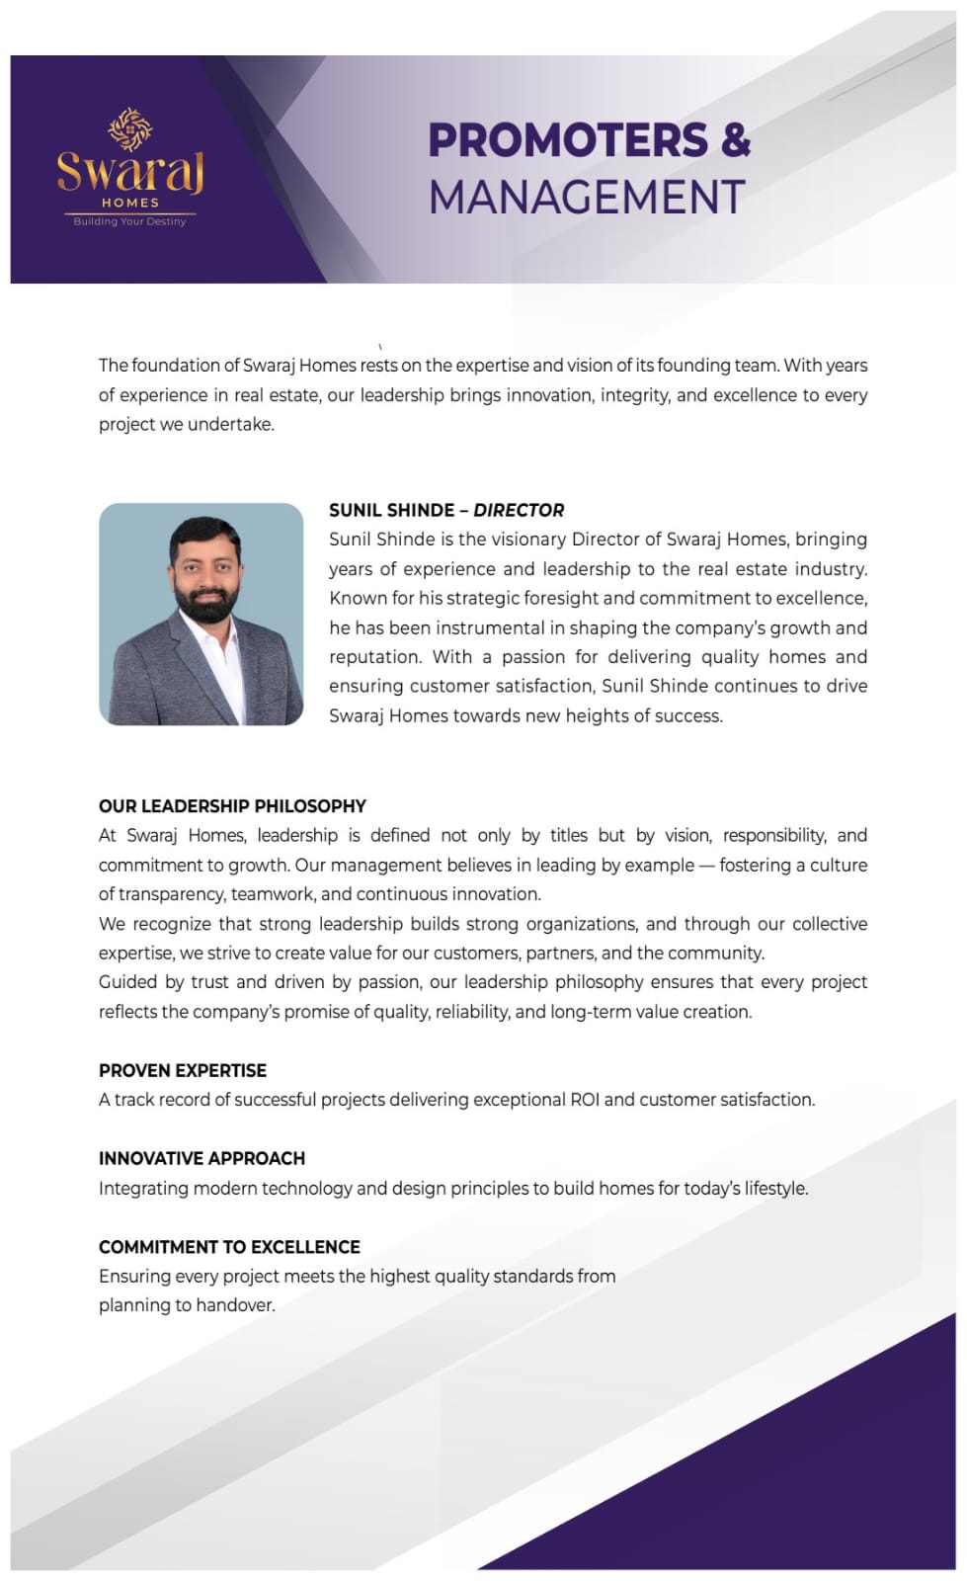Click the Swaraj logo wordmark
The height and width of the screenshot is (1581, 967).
click(x=129, y=173)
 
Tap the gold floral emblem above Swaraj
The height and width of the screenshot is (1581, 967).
click(x=129, y=129)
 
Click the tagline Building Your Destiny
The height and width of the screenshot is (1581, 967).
click(x=129, y=221)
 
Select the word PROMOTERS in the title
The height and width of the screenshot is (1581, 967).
click(x=568, y=140)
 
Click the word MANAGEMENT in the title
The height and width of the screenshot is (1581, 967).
click(x=587, y=197)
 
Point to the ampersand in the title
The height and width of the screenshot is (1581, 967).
click(x=736, y=140)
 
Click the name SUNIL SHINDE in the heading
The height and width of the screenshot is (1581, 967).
click(x=391, y=510)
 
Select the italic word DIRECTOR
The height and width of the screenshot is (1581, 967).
click(x=519, y=510)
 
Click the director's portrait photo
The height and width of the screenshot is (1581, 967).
click(x=201, y=614)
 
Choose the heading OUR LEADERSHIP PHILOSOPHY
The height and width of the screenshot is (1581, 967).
click(x=232, y=805)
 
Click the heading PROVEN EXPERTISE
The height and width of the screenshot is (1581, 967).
click(x=183, y=1070)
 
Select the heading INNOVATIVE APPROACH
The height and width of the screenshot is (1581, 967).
click(x=201, y=1158)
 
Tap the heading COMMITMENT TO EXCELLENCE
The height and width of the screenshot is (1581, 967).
click(x=229, y=1247)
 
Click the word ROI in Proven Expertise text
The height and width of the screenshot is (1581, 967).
click(x=584, y=1100)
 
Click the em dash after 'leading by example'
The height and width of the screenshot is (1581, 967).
click(x=706, y=865)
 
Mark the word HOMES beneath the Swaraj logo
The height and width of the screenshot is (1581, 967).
click(x=129, y=203)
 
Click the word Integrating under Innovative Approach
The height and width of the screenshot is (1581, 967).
click(x=143, y=1188)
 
